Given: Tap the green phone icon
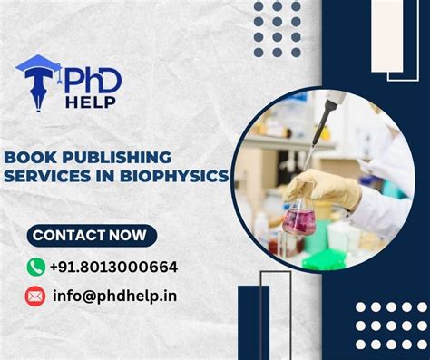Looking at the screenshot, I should tap(36, 267).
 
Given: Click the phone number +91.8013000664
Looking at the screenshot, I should tap(113, 267).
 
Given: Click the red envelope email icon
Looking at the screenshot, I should tap(36, 296).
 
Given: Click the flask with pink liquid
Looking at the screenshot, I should tap(300, 219).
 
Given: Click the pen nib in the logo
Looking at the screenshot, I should tap(38, 95).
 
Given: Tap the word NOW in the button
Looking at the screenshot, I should tap(124, 236).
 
